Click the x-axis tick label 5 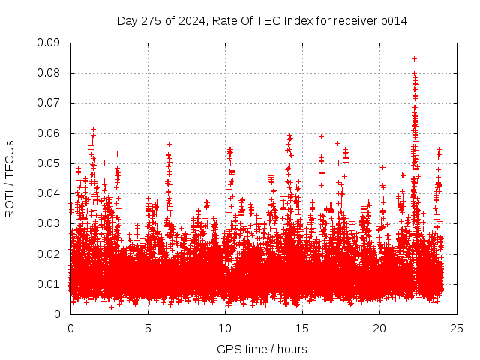coord(148,328)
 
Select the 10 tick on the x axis coord(225,328)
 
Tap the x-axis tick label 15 coord(302,328)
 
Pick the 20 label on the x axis coord(379,328)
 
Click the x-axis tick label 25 coord(457,328)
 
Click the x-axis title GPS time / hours coord(262,349)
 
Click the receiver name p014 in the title coord(393,21)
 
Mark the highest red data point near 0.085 coord(414,58)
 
